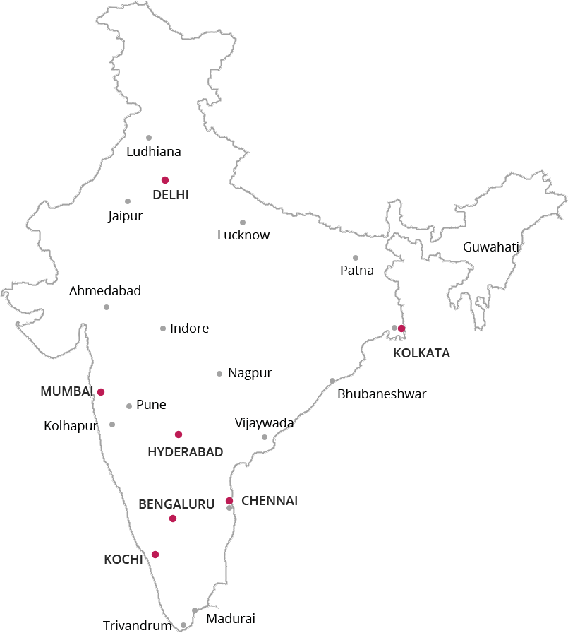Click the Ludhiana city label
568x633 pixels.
tap(153, 152)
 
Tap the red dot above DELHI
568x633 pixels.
tap(165, 180)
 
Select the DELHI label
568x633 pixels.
tap(171, 195)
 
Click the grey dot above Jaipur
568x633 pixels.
tap(128, 201)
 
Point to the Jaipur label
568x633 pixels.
tap(126, 216)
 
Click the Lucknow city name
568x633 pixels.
tap(243, 235)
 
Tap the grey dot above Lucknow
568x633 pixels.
tap(243, 223)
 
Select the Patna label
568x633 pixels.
tap(357, 271)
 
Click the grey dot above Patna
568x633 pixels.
tap(356, 258)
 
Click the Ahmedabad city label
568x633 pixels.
tap(105, 291)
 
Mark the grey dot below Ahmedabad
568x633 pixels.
tap(107, 307)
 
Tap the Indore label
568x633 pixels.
tap(190, 329)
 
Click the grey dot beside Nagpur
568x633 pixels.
tap(219, 374)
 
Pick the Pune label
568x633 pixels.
tap(151, 405)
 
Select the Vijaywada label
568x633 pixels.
tap(265, 423)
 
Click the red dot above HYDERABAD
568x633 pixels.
tap(179, 434)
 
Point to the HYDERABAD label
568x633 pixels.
tap(186, 452)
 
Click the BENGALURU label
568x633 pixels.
tap(176, 504)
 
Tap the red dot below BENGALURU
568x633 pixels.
tap(173, 519)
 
